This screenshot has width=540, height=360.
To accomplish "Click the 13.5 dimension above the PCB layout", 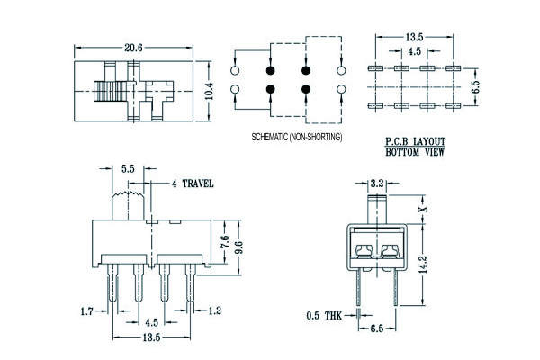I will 414,37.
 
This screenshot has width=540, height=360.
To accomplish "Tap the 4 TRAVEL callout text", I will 193,184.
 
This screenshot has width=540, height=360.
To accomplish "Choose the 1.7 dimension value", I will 86,311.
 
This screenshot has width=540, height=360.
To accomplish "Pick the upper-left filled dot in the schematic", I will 270,69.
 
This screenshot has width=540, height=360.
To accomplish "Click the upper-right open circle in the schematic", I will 341,69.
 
